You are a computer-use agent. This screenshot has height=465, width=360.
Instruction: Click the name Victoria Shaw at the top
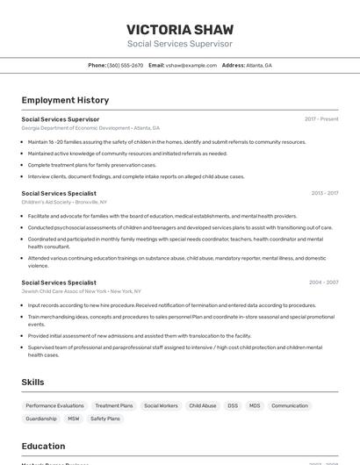(180, 29)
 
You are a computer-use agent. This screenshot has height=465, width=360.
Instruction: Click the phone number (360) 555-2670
(125, 65)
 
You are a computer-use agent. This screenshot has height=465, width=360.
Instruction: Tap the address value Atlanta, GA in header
(259, 65)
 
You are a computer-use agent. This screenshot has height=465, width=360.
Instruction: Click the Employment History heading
(65, 100)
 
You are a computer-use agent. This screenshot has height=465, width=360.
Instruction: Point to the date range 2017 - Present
(321, 118)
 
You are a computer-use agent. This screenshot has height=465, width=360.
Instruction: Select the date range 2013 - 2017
(324, 193)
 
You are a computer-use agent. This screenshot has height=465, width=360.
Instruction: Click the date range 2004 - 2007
(323, 283)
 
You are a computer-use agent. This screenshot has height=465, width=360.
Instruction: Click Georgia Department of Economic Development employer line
(90, 128)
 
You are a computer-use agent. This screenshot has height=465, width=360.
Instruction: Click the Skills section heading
(32, 383)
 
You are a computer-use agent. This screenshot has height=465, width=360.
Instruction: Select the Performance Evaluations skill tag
(54, 405)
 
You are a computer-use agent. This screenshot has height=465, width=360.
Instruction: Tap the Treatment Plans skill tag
(114, 405)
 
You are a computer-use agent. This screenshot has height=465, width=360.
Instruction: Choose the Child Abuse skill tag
(203, 405)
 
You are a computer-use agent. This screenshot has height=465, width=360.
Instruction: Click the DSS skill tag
(233, 405)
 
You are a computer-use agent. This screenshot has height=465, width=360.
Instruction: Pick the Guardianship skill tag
(41, 418)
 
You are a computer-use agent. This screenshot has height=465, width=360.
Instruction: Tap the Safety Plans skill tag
(105, 418)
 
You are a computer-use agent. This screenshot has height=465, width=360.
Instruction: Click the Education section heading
(43, 446)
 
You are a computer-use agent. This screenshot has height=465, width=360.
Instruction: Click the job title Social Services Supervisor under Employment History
(61, 118)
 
